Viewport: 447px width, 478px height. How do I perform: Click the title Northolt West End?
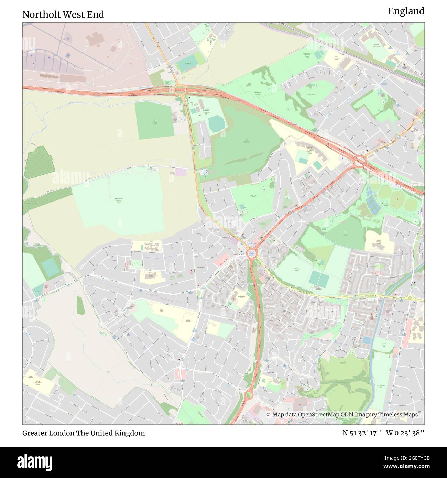(x=63, y=14)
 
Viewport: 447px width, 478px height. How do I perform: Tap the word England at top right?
(x=406, y=11)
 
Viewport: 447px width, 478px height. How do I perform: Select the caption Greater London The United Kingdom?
(x=84, y=433)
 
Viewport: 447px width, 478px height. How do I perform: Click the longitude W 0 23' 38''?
(x=405, y=433)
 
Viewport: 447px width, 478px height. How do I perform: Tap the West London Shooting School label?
(x=118, y=200)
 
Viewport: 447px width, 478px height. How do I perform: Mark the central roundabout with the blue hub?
(x=252, y=254)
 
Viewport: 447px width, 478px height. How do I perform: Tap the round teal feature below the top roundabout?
(x=216, y=124)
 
